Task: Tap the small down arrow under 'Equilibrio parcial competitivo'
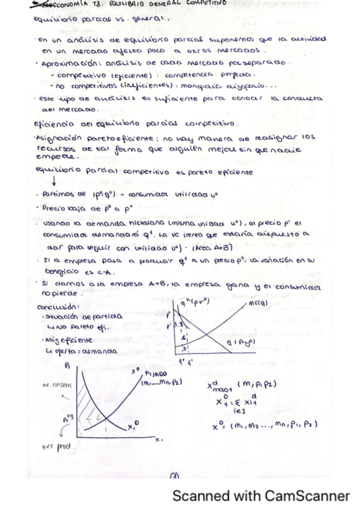click(x=40, y=183)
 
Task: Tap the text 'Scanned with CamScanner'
click(x=260, y=496)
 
